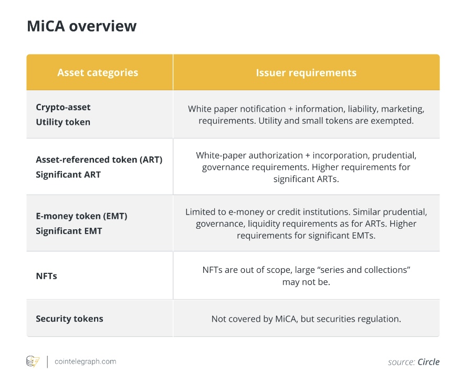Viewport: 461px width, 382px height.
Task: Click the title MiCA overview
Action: (x=81, y=26)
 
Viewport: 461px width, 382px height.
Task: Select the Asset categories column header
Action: (x=98, y=72)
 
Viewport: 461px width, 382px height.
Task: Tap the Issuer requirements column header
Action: (x=306, y=72)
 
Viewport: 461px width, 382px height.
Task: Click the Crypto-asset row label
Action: (x=63, y=107)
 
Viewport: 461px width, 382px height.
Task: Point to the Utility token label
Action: (x=63, y=122)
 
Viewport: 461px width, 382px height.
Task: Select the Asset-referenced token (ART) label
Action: (x=99, y=160)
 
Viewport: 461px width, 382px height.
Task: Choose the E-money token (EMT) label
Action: (x=81, y=216)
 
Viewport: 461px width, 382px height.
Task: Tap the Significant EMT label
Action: (x=69, y=231)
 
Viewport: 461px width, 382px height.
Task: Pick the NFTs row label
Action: (x=46, y=275)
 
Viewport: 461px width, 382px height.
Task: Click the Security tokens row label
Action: (x=69, y=319)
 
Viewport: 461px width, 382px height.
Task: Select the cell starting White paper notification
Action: (x=306, y=114)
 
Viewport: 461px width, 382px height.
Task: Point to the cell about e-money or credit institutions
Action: (x=306, y=223)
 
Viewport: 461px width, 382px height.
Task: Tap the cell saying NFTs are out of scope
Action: (x=306, y=275)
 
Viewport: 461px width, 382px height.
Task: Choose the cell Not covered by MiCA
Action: (x=306, y=319)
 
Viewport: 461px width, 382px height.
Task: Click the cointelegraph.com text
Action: (x=85, y=362)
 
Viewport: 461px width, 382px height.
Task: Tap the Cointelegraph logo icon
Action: (x=33, y=362)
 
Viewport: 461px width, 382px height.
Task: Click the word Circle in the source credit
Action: (x=428, y=362)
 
